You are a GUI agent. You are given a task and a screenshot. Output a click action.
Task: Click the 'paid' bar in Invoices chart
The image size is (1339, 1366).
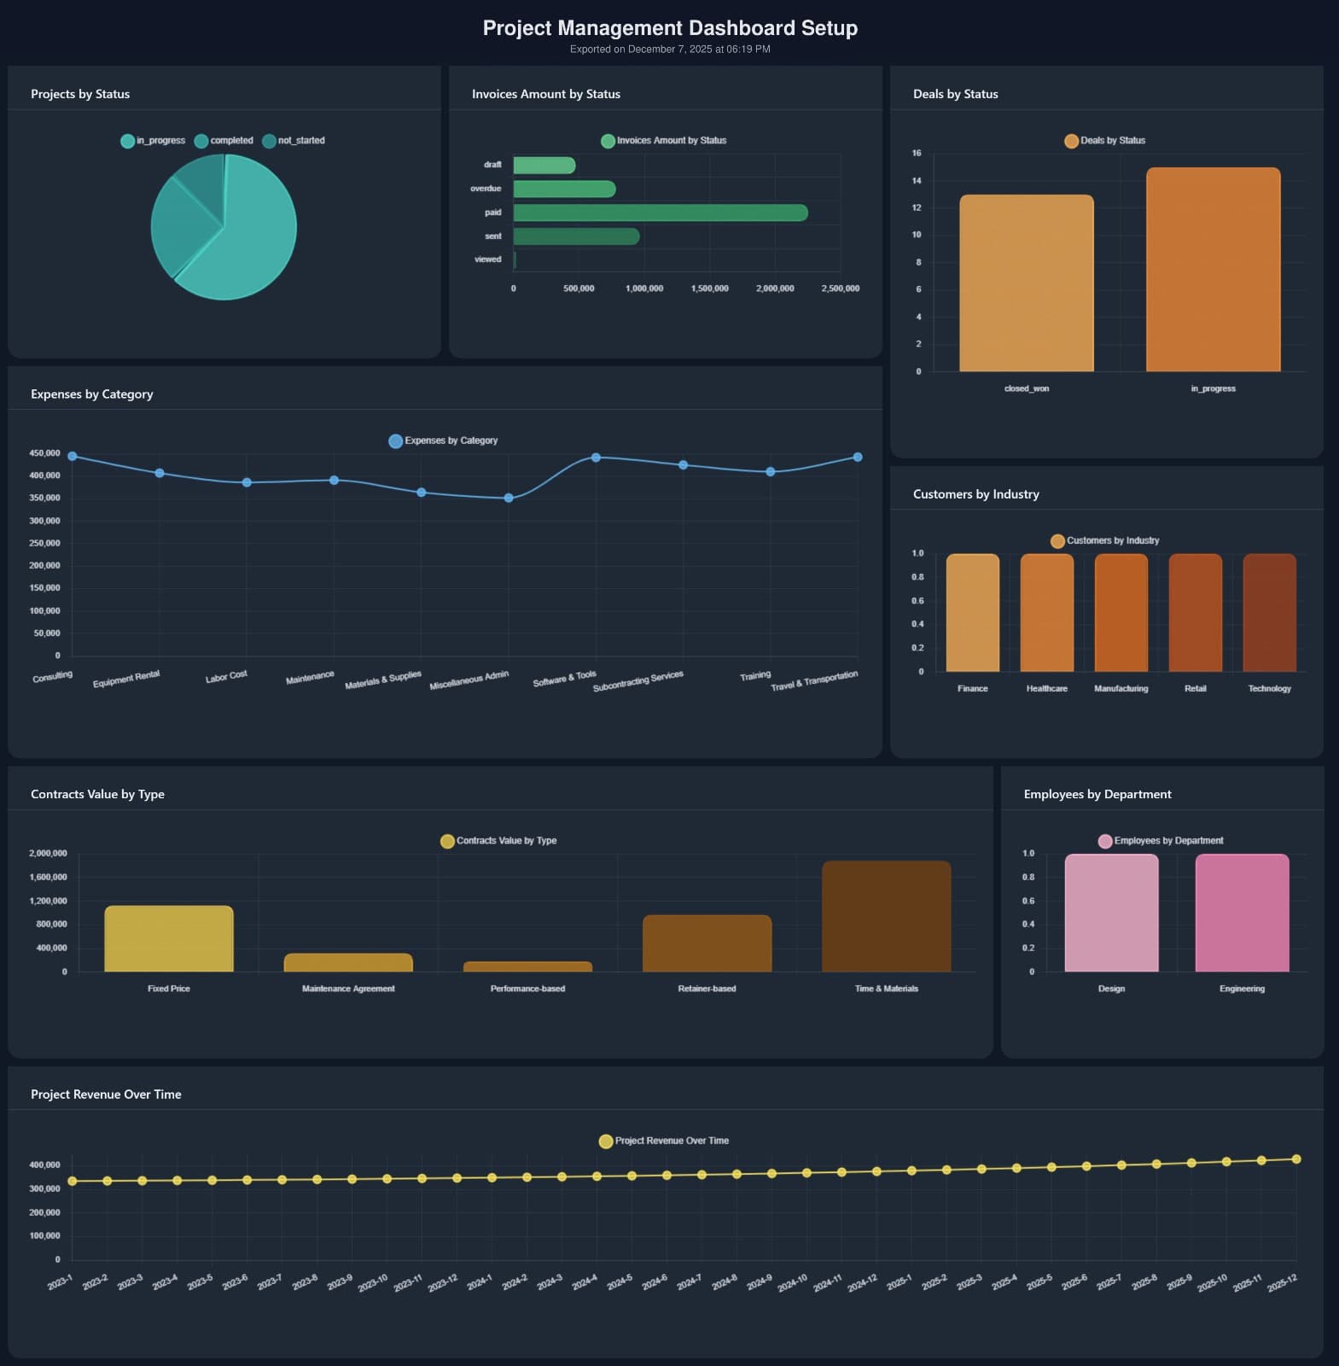660,213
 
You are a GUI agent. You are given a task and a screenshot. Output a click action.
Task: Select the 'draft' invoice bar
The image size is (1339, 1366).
544,166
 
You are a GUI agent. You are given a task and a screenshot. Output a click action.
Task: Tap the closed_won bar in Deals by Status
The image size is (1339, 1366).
1026,283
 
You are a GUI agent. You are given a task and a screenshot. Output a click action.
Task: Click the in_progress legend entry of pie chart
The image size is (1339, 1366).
153,141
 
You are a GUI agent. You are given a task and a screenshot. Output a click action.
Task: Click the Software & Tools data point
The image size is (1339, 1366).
596,458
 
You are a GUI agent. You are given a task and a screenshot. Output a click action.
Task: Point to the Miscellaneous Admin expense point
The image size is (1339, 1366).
509,498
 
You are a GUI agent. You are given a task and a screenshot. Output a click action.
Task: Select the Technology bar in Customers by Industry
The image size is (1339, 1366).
1269,612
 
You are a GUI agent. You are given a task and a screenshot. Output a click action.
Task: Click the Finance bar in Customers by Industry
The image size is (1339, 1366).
972,612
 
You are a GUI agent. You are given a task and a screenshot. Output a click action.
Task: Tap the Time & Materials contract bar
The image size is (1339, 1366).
886,916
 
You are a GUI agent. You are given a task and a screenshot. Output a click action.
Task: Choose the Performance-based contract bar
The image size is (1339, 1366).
527,966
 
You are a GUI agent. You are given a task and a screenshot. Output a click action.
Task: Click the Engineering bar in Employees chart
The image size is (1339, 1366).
1242,913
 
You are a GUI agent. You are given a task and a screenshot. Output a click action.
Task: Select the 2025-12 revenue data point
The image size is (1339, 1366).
1296,1159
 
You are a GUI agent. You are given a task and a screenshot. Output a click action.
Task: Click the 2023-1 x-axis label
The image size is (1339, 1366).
60,1282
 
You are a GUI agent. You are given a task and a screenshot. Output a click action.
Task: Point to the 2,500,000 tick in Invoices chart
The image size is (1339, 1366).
840,289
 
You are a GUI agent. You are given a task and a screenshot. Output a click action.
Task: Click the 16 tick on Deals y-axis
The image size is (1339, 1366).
917,154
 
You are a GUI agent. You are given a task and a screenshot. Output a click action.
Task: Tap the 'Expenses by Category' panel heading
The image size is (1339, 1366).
92,394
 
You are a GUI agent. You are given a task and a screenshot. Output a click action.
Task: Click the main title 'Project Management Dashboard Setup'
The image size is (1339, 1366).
670,28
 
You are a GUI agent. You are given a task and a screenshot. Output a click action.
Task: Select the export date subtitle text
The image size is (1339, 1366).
670,50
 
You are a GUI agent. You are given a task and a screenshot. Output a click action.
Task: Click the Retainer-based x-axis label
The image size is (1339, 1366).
707,989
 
